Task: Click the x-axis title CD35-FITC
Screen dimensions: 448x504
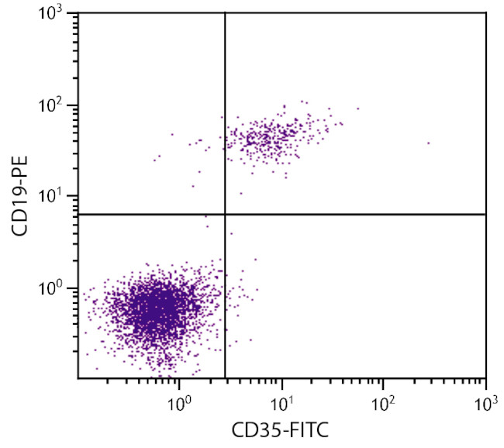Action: [x=281, y=429]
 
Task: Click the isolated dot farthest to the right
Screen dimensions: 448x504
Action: [x=428, y=143]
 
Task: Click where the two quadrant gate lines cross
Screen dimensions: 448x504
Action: [x=225, y=213]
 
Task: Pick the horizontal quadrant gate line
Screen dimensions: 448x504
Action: [x=357, y=213]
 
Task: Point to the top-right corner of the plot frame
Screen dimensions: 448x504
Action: [x=485, y=13]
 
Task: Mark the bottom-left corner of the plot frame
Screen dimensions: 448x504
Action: [x=78, y=379]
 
